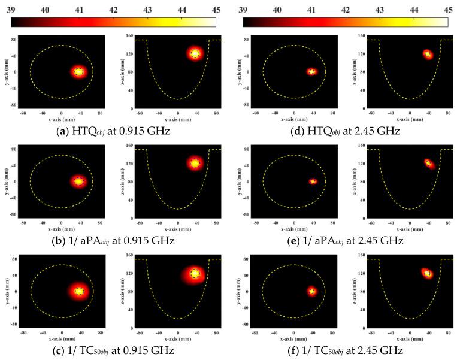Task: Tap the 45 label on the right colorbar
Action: [x=449, y=9]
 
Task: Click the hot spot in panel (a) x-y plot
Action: [x=78, y=72]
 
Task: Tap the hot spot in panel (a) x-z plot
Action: [x=195, y=53]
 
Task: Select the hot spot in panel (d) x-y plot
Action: [x=311, y=72]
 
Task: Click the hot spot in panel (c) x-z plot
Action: [x=195, y=274]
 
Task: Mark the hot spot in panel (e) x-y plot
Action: [x=312, y=181]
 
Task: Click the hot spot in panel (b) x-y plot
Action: [x=78, y=181]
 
